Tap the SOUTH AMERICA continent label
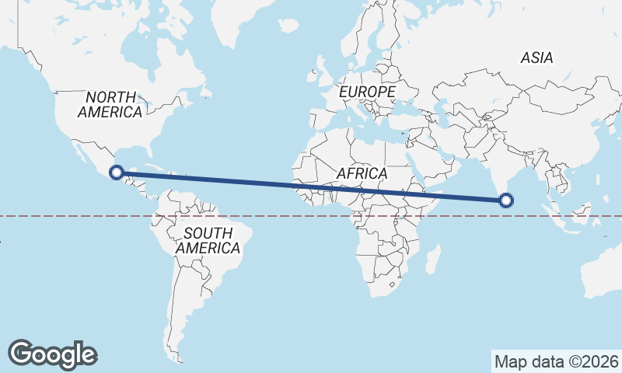[208, 240]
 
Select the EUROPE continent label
[367, 92]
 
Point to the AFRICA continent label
[362, 173]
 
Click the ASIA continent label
[536, 58]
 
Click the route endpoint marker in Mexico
[117, 173]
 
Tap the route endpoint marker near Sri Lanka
[506, 200]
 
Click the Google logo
[52, 354]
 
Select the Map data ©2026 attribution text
[556, 361]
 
